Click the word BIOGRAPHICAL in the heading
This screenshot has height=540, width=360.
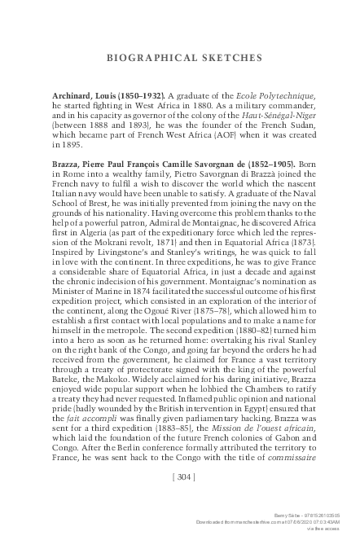pyautogui.click(x=151, y=58)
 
